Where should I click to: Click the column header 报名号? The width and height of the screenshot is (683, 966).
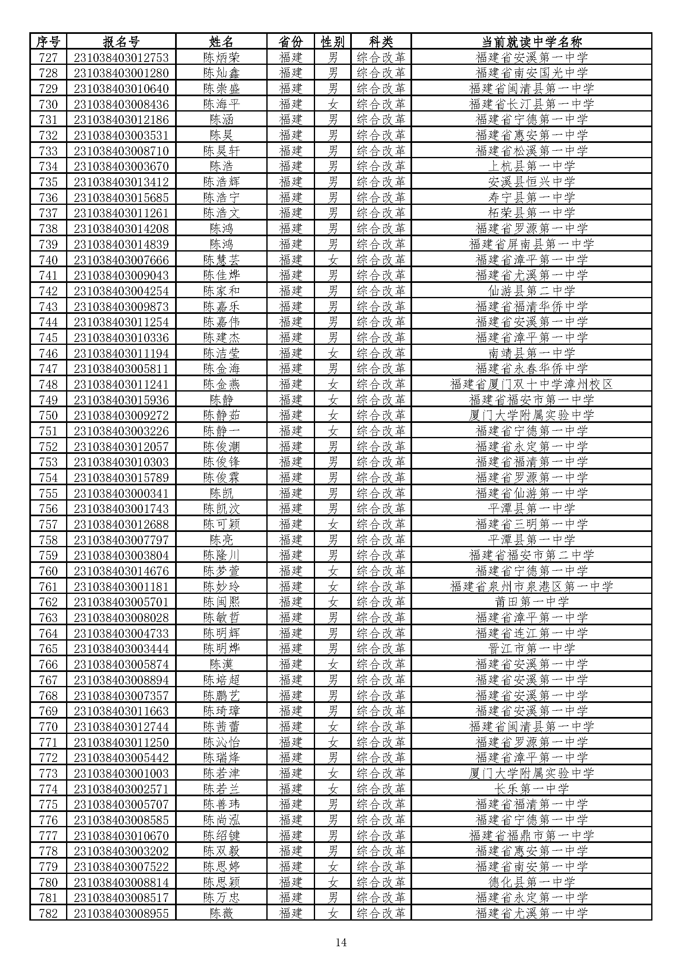(x=121, y=42)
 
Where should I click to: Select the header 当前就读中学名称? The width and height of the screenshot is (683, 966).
(x=531, y=42)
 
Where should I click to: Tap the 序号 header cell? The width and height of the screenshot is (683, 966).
(x=48, y=42)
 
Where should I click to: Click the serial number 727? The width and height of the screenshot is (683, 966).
(x=48, y=57)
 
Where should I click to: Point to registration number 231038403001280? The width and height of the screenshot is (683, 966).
(x=121, y=73)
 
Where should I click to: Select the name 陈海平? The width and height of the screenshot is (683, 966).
(x=221, y=104)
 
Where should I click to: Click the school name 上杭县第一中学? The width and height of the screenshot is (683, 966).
(x=531, y=166)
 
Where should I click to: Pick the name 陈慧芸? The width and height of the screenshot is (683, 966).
(x=221, y=260)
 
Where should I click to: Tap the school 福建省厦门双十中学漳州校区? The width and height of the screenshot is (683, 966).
(x=531, y=384)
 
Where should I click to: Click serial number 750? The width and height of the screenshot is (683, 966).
(x=48, y=415)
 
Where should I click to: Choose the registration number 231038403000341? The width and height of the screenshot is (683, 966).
(x=121, y=493)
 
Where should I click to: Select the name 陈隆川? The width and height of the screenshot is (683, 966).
(x=221, y=555)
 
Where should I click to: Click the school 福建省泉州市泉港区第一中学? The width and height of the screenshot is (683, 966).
(x=531, y=586)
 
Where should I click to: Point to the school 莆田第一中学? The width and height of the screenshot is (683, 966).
(x=531, y=602)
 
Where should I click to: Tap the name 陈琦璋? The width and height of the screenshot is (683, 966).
(x=221, y=711)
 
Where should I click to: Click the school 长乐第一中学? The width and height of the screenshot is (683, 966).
(x=531, y=789)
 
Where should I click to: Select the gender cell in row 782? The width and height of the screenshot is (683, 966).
(x=333, y=914)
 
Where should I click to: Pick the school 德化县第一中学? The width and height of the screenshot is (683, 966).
(x=531, y=882)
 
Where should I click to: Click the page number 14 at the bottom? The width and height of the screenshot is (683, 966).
(x=341, y=942)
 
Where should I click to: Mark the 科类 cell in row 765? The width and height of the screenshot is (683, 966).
(x=381, y=649)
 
